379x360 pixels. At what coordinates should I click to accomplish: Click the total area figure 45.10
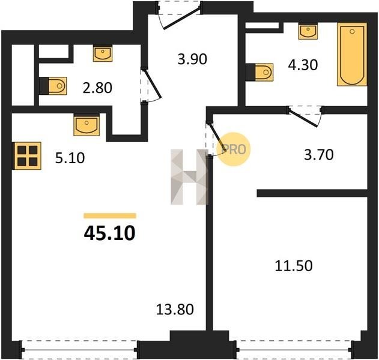click(109, 233)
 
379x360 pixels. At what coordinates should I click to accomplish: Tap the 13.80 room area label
click(175, 309)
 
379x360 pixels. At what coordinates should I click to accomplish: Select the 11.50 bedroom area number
click(294, 266)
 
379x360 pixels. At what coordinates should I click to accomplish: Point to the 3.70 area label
click(318, 155)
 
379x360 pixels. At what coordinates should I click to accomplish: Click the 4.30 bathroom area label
click(303, 65)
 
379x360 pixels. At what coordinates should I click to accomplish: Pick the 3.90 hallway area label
click(192, 59)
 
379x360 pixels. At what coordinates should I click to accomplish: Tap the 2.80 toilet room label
click(97, 88)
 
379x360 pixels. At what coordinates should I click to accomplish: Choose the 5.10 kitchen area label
click(70, 158)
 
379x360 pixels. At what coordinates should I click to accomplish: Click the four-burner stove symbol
click(27, 156)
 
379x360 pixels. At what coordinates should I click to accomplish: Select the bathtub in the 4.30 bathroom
click(352, 55)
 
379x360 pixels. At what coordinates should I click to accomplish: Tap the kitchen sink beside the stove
click(86, 125)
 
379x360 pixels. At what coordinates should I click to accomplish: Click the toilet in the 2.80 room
click(53, 86)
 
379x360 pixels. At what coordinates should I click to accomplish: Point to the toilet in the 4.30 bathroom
click(259, 72)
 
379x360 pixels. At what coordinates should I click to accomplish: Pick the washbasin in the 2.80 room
click(103, 53)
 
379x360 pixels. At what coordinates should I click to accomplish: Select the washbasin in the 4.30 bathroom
click(308, 31)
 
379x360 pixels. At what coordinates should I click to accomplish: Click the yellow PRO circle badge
click(233, 149)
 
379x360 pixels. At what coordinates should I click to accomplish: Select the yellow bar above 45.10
click(110, 215)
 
